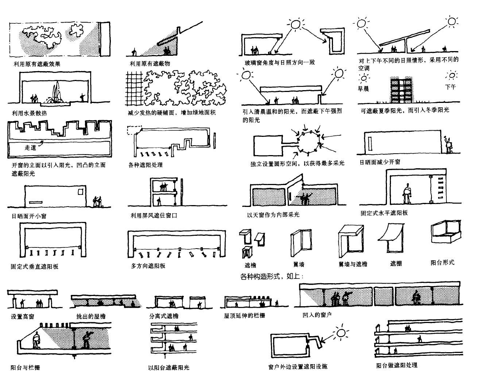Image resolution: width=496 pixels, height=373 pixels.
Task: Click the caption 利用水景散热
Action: (x=29, y=113)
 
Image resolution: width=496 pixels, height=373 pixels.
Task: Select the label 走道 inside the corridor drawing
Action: (x=31, y=147)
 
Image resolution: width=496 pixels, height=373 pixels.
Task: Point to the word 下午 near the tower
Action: (x=450, y=87)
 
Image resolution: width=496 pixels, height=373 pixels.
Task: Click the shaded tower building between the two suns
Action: (x=401, y=90)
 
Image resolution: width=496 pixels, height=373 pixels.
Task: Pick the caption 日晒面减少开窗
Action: (x=380, y=162)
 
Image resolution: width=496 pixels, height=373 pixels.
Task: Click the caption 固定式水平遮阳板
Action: (x=384, y=213)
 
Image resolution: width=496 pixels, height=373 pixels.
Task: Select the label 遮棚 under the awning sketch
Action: (x=396, y=263)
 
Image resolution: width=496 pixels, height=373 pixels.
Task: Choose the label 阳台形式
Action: (x=442, y=262)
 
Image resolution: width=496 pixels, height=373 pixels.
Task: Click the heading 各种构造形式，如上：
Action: (x=272, y=276)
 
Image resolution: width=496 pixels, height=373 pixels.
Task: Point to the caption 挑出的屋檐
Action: (x=91, y=316)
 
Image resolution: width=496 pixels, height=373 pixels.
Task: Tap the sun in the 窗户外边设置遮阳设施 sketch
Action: (x=341, y=332)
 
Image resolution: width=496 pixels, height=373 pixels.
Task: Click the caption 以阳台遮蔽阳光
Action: (x=169, y=368)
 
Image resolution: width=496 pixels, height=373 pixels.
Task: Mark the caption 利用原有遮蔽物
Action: (x=150, y=64)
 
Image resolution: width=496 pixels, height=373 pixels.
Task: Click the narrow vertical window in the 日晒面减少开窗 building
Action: (x=370, y=144)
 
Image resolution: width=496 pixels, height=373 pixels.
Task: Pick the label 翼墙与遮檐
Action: (x=353, y=264)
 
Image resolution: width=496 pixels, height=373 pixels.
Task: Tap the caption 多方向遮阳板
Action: (x=148, y=266)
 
